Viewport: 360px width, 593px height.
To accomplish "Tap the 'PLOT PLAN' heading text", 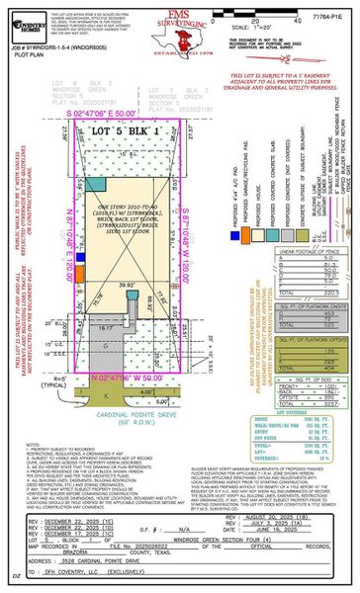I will click(28, 52).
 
